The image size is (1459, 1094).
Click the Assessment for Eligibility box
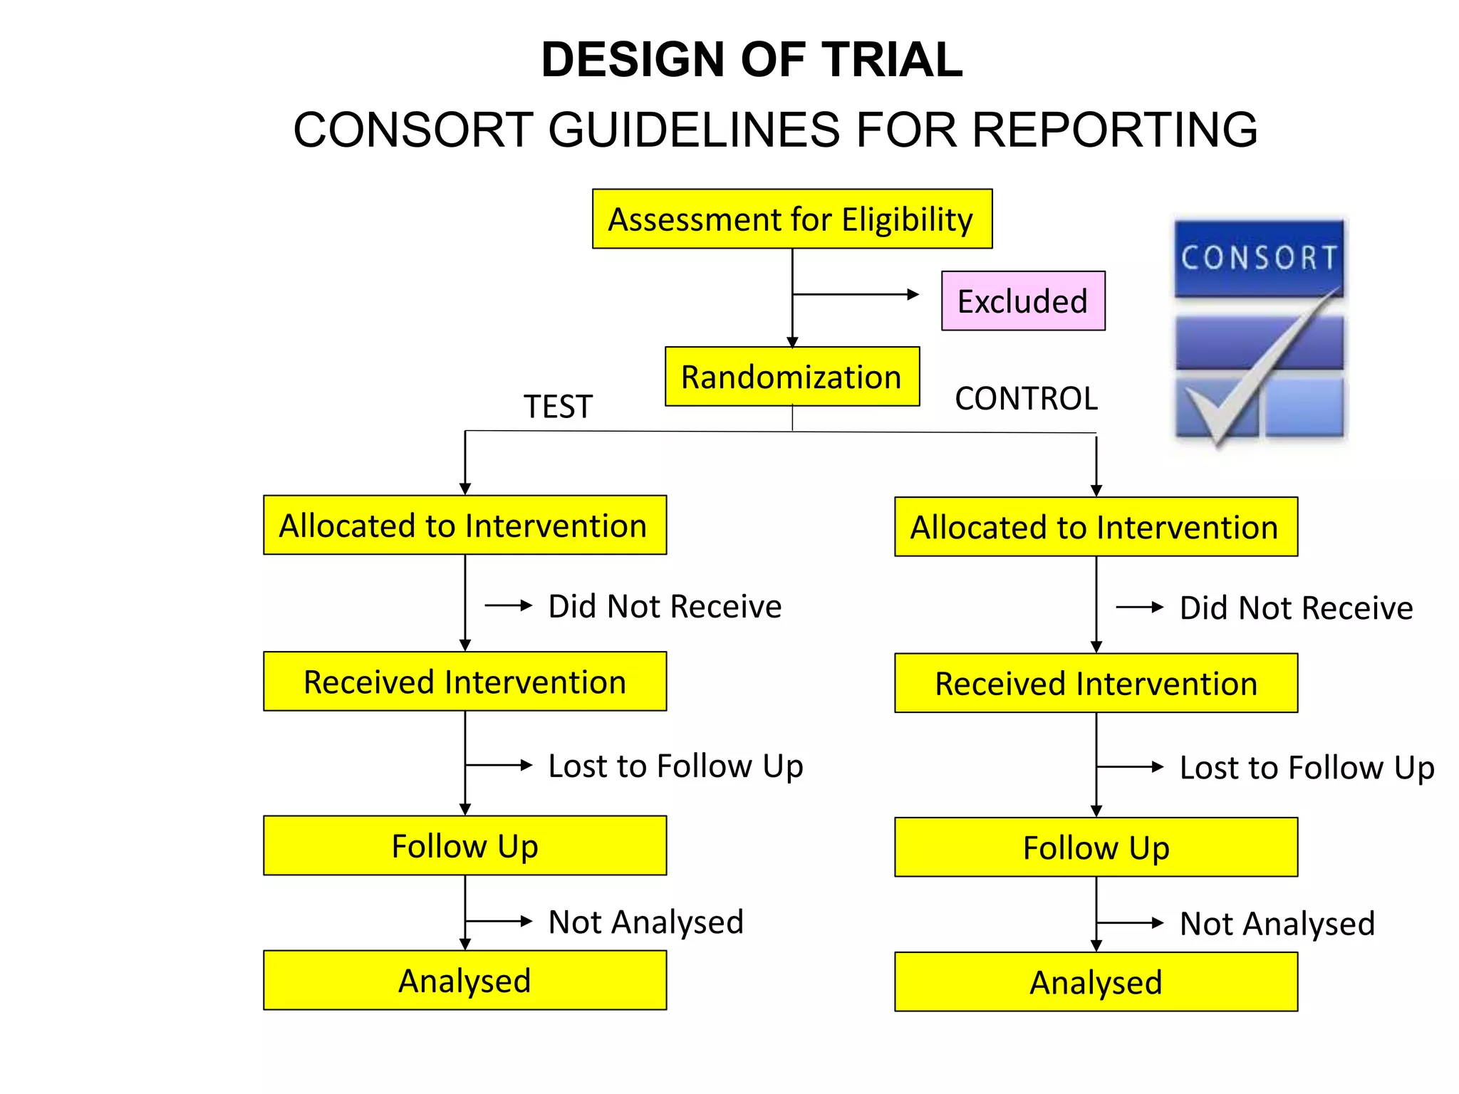(791, 219)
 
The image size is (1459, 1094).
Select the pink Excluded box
(1022, 301)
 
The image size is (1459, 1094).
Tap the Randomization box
(791, 377)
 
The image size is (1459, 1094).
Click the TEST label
(558, 407)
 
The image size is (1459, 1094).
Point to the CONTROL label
(1026, 398)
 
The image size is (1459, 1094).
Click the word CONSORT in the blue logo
(1259, 258)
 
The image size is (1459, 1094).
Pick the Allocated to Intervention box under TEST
(464, 525)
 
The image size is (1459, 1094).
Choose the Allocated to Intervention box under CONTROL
(1096, 527)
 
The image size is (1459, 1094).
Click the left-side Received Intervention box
(464, 682)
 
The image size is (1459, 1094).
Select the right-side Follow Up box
(1096, 847)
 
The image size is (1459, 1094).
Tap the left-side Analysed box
(464, 980)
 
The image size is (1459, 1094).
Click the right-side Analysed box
(1096, 981)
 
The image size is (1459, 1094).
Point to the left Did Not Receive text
(664, 606)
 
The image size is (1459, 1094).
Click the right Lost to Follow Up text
(1306, 768)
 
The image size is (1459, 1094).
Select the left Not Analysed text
(645, 922)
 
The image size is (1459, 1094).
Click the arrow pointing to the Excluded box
(855, 294)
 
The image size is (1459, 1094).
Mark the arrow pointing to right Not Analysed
(1130, 923)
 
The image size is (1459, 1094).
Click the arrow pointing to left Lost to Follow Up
(499, 766)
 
